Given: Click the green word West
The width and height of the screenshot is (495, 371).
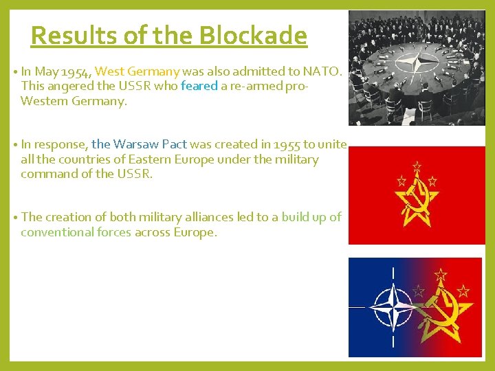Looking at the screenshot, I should click(x=110, y=71).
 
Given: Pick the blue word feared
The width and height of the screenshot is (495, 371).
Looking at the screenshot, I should click(x=199, y=86).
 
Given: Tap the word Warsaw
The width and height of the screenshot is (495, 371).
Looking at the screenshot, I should click(x=137, y=144).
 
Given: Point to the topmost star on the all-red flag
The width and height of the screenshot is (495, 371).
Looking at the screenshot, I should click(x=416, y=166).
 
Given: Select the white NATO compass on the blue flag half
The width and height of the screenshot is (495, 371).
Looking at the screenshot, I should click(x=393, y=307).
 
